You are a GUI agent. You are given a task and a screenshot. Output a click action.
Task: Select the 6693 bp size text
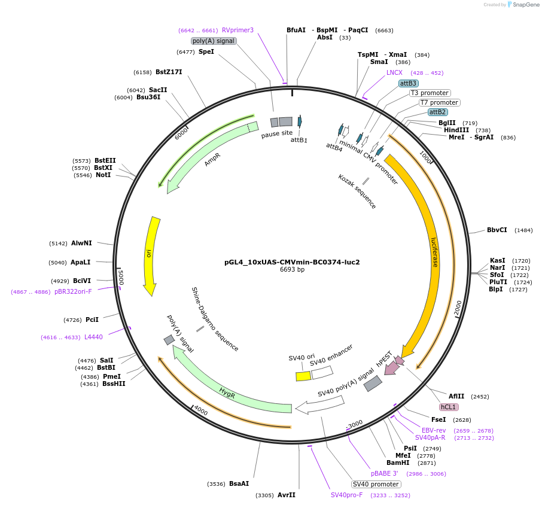(x=292, y=269)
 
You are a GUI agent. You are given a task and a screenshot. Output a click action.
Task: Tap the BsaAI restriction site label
(x=239, y=483)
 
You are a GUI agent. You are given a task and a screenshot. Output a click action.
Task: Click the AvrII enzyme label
(x=287, y=495)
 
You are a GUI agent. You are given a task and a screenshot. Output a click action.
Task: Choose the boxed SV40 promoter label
(x=376, y=484)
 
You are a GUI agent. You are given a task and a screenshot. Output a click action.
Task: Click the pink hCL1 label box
(x=448, y=407)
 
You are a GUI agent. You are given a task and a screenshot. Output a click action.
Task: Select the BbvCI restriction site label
(x=497, y=230)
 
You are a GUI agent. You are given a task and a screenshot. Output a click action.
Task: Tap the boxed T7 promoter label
(x=439, y=102)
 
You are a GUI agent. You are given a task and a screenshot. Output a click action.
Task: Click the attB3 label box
(x=409, y=83)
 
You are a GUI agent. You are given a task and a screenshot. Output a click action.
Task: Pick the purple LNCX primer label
(x=394, y=72)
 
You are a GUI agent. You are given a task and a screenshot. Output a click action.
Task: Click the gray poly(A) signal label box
(x=214, y=41)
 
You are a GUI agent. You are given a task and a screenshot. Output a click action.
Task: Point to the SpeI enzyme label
(x=206, y=51)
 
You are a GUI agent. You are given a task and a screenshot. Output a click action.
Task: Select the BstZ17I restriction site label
(x=169, y=72)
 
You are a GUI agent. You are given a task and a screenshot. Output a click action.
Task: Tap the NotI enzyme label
(x=103, y=175)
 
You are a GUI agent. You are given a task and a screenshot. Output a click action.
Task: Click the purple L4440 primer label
(x=93, y=337)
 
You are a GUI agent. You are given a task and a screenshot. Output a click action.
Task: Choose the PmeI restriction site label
(x=112, y=376)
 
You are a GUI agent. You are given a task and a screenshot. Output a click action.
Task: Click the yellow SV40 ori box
(x=303, y=376)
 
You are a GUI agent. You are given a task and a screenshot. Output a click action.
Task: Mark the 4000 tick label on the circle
(x=200, y=412)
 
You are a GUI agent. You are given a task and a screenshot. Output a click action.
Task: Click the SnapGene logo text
(x=526, y=5)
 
